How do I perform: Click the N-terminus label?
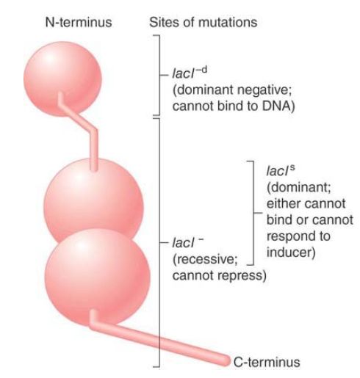pyautogui.click(x=79, y=22)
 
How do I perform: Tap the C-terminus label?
pyautogui.click(x=267, y=362)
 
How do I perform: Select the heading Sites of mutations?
pyautogui.click(x=204, y=22)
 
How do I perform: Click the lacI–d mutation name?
pyautogui.click(x=190, y=73)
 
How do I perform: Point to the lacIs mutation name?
pyautogui.click(x=281, y=170)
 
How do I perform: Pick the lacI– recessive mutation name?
pyautogui.click(x=188, y=242)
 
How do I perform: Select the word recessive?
pyautogui.click(x=205, y=259)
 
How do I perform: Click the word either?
pyautogui.click(x=281, y=203)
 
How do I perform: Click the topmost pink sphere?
pyautogui.click(x=62, y=79)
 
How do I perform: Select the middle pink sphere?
pyautogui.click(x=93, y=200)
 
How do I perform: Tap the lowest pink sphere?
pyautogui.click(x=97, y=277)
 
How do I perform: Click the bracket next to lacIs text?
pyautogui.click(x=253, y=213)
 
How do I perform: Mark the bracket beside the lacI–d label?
pyautogui.click(x=159, y=75)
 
